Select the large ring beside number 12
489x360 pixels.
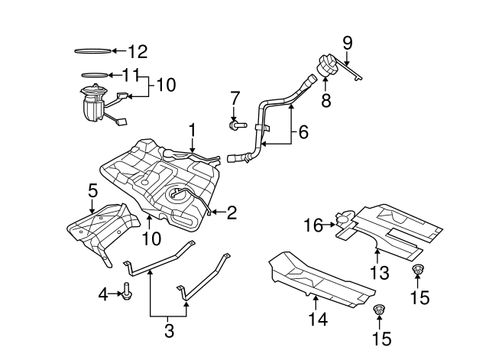(92, 51)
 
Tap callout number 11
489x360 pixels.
(131, 75)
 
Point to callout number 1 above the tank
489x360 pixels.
(193, 131)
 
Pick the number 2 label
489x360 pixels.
(231, 212)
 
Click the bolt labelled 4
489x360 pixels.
(126, 293)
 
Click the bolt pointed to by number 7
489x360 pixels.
(236, 124)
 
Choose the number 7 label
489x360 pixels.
(235, 97)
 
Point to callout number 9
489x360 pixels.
(347, 41)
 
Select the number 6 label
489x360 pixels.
(303, 132)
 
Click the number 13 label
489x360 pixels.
(379, 273)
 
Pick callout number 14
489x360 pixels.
(318, 319)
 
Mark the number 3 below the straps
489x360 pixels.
(170, 331)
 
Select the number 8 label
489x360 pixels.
(326, 101)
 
